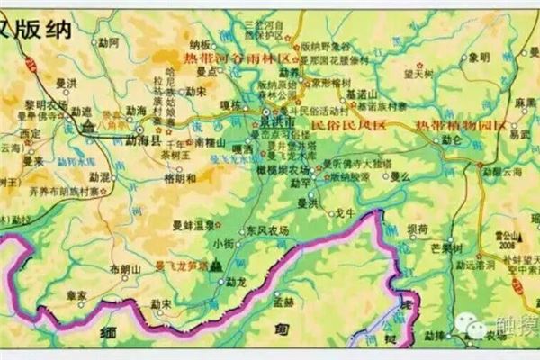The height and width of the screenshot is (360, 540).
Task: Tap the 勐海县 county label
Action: (x=145, y=138)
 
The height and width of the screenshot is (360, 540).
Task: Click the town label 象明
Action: (x=481, y=57)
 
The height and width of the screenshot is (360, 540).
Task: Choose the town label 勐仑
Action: (x=450, y=140)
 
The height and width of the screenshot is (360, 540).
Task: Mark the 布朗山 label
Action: (x=125, y=268)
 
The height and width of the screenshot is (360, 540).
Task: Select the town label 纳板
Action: (x=199, y=43)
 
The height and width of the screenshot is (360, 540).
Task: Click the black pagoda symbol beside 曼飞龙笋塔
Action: (x=216, y=266)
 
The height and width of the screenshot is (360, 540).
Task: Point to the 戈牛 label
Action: (x=346, y=213)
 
